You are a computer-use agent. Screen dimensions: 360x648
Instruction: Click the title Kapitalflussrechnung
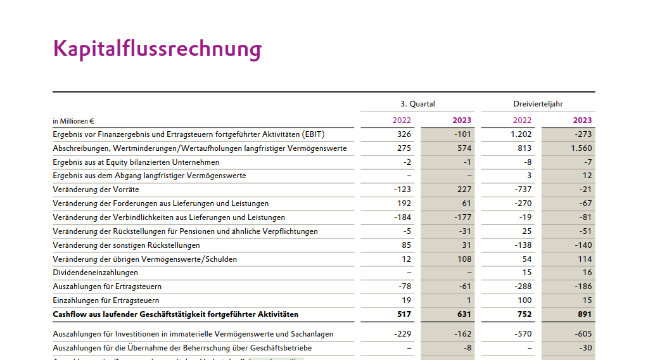click(157, 49)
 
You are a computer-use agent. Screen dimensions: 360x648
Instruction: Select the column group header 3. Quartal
click(417, 104)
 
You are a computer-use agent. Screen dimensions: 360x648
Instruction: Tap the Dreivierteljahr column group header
click(538, 104)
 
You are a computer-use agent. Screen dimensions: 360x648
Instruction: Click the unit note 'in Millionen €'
click(73, 120)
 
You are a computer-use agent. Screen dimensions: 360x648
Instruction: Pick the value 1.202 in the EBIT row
click(521, 134)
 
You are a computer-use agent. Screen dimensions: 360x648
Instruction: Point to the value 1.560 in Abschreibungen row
click(581, 148)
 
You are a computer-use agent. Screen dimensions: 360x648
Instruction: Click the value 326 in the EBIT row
click(403, 134)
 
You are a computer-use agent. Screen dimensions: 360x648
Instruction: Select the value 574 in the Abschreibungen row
click(464, 148)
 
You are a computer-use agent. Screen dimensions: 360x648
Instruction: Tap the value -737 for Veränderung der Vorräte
click(523, 190)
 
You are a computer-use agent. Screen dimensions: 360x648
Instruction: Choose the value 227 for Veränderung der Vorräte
click(464, 190)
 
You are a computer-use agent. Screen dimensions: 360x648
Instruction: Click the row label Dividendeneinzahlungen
click(96, 273)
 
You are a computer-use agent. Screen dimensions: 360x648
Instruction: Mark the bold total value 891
click(584, 314)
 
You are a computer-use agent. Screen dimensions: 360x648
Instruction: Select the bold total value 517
click(403, 314)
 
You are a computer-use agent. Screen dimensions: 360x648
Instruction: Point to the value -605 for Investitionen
click(583, 334)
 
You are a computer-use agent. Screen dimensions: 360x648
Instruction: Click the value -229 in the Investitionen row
click(402, 334)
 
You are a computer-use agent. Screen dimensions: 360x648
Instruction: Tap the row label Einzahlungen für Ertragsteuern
click(106, 300)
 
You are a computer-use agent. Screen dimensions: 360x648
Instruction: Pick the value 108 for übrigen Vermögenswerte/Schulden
click(464, 259)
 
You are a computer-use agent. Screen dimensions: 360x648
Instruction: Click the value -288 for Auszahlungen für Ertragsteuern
click(523, 286)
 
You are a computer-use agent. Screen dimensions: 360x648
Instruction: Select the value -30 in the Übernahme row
click(585, 348)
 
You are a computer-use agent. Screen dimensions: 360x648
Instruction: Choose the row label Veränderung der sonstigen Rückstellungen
click(127, 245)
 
